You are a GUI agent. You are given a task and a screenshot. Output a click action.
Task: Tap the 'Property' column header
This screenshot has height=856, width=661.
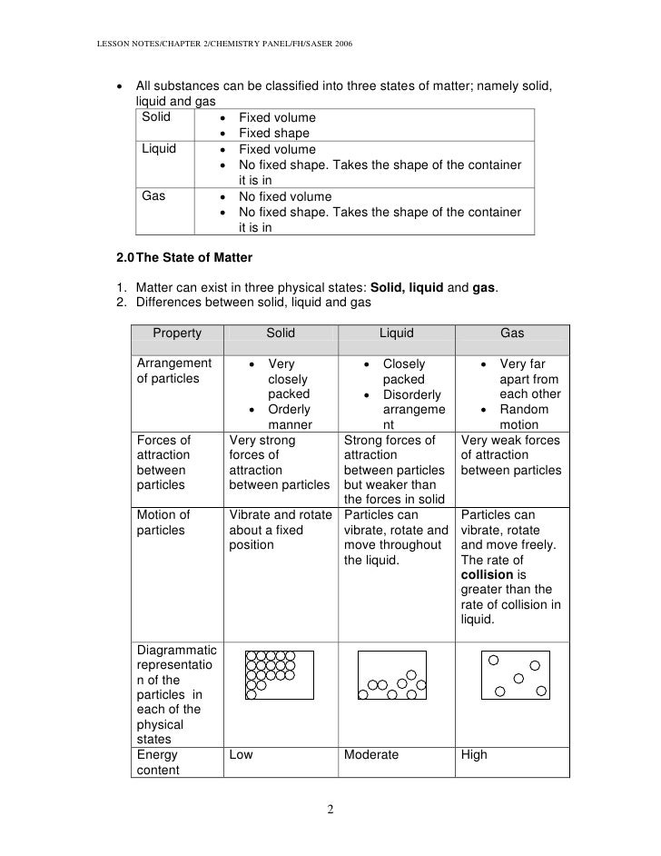point(177,333)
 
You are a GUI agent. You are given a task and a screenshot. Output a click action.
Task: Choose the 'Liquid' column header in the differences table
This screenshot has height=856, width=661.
point(396,333)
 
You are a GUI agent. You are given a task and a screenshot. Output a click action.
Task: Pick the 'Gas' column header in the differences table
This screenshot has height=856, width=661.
point(512,333)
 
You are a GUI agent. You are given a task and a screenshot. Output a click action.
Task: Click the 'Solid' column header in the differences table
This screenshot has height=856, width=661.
point(281,333)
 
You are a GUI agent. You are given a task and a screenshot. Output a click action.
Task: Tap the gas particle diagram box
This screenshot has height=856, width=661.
point(516,675)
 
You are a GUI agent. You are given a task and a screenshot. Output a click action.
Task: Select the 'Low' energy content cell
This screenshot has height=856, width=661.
point(241,754)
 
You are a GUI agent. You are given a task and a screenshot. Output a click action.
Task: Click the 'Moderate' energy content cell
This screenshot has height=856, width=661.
point(371,754)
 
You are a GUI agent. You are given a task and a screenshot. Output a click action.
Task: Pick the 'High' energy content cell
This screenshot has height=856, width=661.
point(474,754)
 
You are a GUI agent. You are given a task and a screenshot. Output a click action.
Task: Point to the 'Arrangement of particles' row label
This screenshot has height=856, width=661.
point(173,372)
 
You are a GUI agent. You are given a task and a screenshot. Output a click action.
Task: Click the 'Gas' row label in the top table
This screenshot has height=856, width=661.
point(153,196)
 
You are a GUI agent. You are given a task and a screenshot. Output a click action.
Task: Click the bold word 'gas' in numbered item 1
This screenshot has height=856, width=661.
point(484,288)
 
